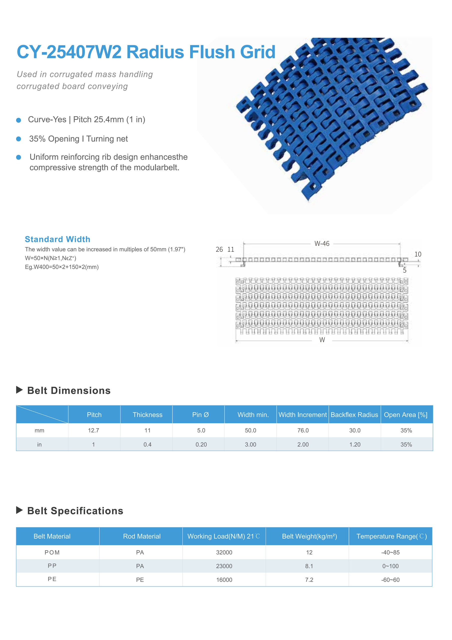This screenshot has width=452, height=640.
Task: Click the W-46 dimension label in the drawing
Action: (322, 243)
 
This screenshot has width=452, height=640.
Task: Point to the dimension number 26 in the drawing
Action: (219, 249)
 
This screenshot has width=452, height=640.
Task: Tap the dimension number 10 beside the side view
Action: (418, 254)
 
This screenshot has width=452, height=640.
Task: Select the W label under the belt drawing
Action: (322, 340)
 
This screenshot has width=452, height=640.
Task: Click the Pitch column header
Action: (94, 415)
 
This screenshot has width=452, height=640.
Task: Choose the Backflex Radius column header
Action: (354, 415)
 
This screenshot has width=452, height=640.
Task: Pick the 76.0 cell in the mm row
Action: (303, 430)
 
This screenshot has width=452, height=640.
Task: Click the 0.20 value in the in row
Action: (201, 444)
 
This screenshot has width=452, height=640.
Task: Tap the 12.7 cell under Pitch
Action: (94, 430)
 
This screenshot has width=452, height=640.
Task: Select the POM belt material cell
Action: (52, 552)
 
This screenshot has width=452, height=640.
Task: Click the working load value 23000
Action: (224, 566)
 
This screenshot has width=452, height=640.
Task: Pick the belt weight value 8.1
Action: (309, 566)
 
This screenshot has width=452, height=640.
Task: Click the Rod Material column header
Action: (142, 536)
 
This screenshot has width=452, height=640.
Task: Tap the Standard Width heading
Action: (58, 239)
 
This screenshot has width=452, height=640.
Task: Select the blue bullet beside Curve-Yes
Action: (19, 120)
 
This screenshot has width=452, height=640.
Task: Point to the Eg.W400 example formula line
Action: (62, 267)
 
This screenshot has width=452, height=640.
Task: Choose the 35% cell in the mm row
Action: (406, 430)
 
